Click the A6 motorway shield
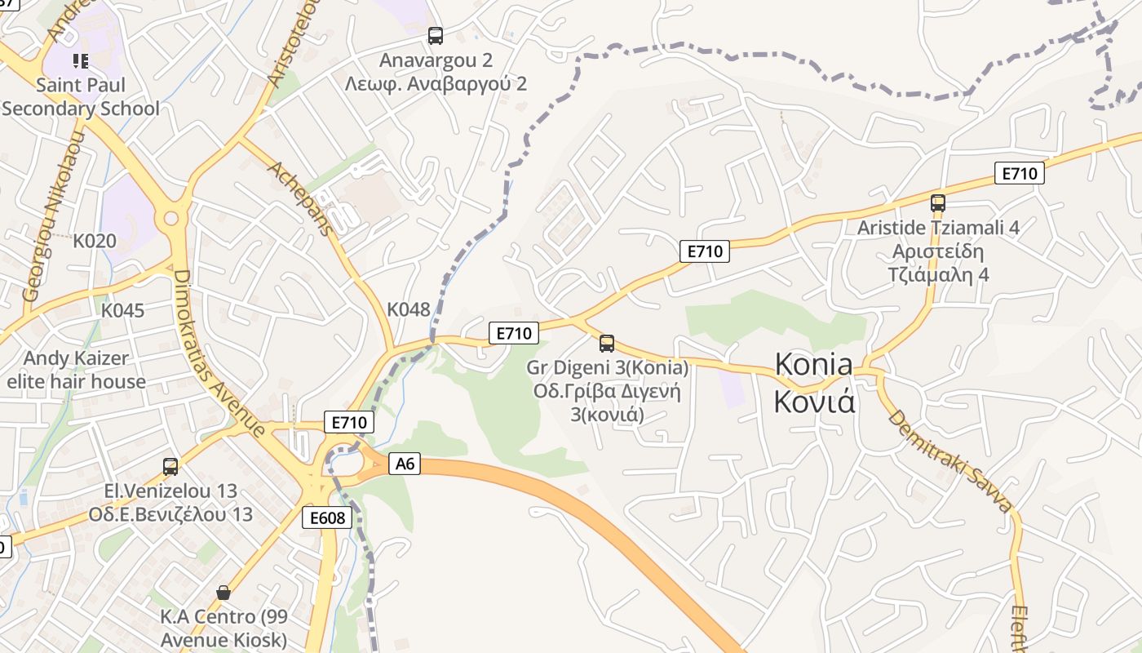(x=405, y=464)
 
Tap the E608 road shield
(x=327, y=518)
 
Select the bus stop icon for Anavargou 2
(x=436, y=36)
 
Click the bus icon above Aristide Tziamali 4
(x=938, y=203)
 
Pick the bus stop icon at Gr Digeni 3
(x=606, y=344)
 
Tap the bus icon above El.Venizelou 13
(x=170, y=467)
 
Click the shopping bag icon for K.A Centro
(x=224, y=593)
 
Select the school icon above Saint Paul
(x=80, y=61)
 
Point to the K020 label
(x=95, y=241)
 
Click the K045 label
(x=122, y=310)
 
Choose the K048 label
(x=408, y=309)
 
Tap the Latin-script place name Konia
(x=813, y=363)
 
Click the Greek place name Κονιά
(x=813, y=401)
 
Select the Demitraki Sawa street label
(x=949, y=460)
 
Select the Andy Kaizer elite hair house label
(x=76, y=370)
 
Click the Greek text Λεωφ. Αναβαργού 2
(x=436, y=84)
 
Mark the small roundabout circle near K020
(x=170, y=218)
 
